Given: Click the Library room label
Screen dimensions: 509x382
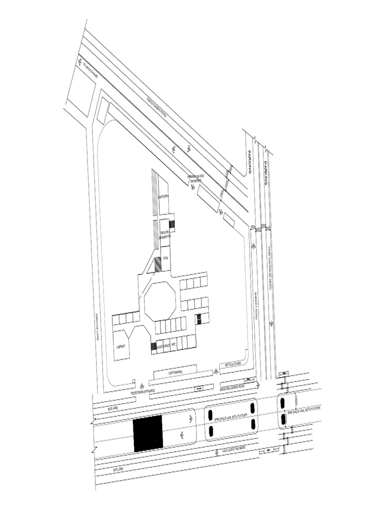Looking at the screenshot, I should tap(120, 346).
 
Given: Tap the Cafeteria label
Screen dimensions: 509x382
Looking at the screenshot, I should tap(164, 197).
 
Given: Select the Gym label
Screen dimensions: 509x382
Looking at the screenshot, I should tap(166, 258).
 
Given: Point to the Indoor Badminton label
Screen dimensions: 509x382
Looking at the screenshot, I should tap(165, 235).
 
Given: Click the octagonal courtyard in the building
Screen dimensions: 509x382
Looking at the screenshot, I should tap(160, 300).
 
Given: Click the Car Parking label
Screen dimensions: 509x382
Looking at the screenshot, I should tap(175, 372).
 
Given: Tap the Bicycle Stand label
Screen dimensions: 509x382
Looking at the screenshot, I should tap(233, 364).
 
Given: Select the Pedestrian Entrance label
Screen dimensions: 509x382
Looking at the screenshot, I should tap(143, 392).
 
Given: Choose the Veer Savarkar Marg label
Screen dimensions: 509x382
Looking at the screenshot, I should tap(269, 261).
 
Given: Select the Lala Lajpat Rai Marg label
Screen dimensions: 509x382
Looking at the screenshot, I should tap(238, 451).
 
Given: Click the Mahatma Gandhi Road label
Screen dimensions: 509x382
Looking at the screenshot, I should tap(232, 386).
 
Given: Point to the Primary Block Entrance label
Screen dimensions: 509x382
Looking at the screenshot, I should tap(195, 179).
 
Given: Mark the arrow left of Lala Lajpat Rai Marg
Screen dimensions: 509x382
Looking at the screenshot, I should tap(217, 453).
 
